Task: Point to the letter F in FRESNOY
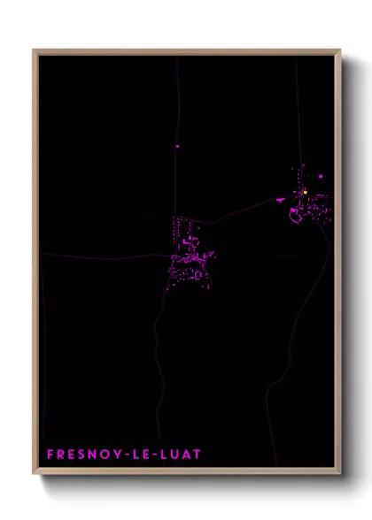point(50,455)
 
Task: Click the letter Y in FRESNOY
point(110,455)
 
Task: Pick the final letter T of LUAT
point(198,455)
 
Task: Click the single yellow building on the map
point(304,192)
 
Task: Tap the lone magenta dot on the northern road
point(177,146)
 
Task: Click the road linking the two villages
point(239,211)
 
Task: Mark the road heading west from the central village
point(97,256)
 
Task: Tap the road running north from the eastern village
point(297,106)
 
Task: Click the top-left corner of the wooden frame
point(34,50)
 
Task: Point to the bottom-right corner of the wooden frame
point(339,472)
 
